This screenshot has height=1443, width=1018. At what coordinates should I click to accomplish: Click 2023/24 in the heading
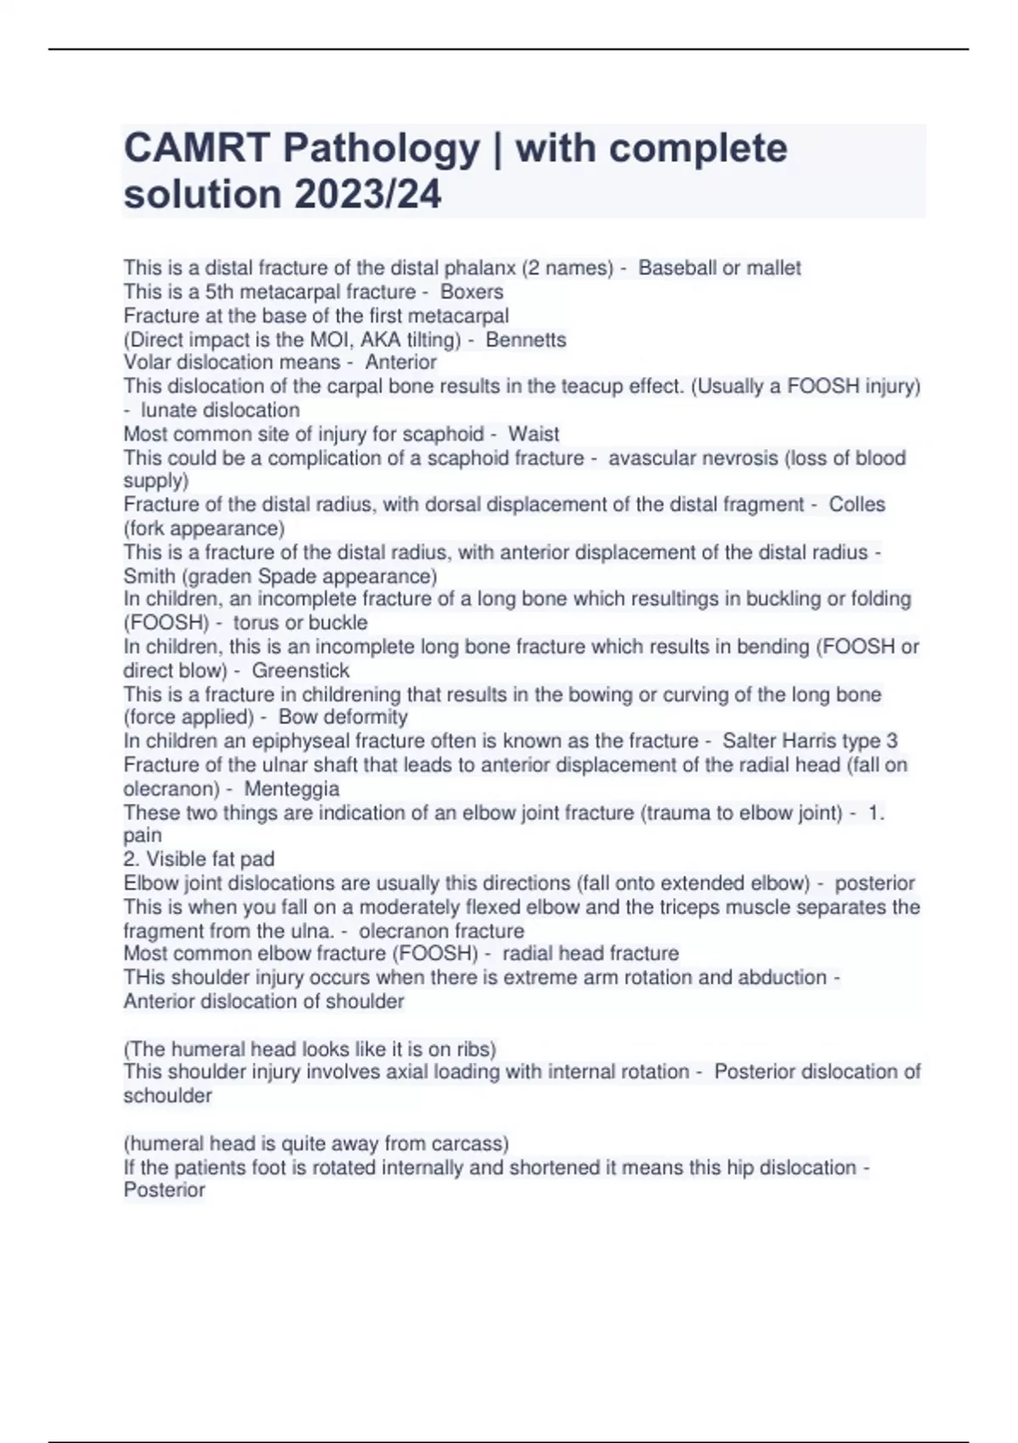(368, 194)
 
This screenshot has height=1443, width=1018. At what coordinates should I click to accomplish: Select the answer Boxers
(472, 292)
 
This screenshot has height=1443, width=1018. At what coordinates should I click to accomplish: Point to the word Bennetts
(526, 340)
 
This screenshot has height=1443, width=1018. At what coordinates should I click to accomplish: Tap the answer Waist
(534, 434)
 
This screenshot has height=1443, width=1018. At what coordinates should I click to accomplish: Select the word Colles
(857, 504)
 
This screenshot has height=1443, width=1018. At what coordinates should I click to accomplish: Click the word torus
(256, 622)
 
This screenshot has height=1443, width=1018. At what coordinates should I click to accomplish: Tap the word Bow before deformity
(294, 717)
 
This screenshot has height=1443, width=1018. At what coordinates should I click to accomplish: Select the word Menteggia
(292, 789)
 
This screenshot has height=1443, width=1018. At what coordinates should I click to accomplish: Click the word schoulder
(168, 1096)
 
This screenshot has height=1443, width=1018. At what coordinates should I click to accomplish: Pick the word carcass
(469, 1143)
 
